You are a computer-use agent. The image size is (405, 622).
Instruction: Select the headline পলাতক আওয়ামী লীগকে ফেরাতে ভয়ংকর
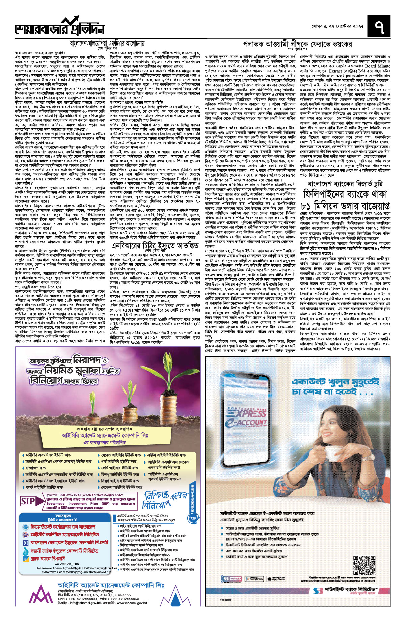(x=298, y=44)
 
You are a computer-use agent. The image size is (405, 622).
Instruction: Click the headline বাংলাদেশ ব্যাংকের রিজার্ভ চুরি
(x=345, y=184)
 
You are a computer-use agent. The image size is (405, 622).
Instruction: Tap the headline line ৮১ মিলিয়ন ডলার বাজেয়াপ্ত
(x=345, y=206)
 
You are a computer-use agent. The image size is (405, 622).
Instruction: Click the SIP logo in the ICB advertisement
(x=28, y=501)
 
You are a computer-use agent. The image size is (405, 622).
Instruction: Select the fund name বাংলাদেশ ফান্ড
(x=35, y=468)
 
